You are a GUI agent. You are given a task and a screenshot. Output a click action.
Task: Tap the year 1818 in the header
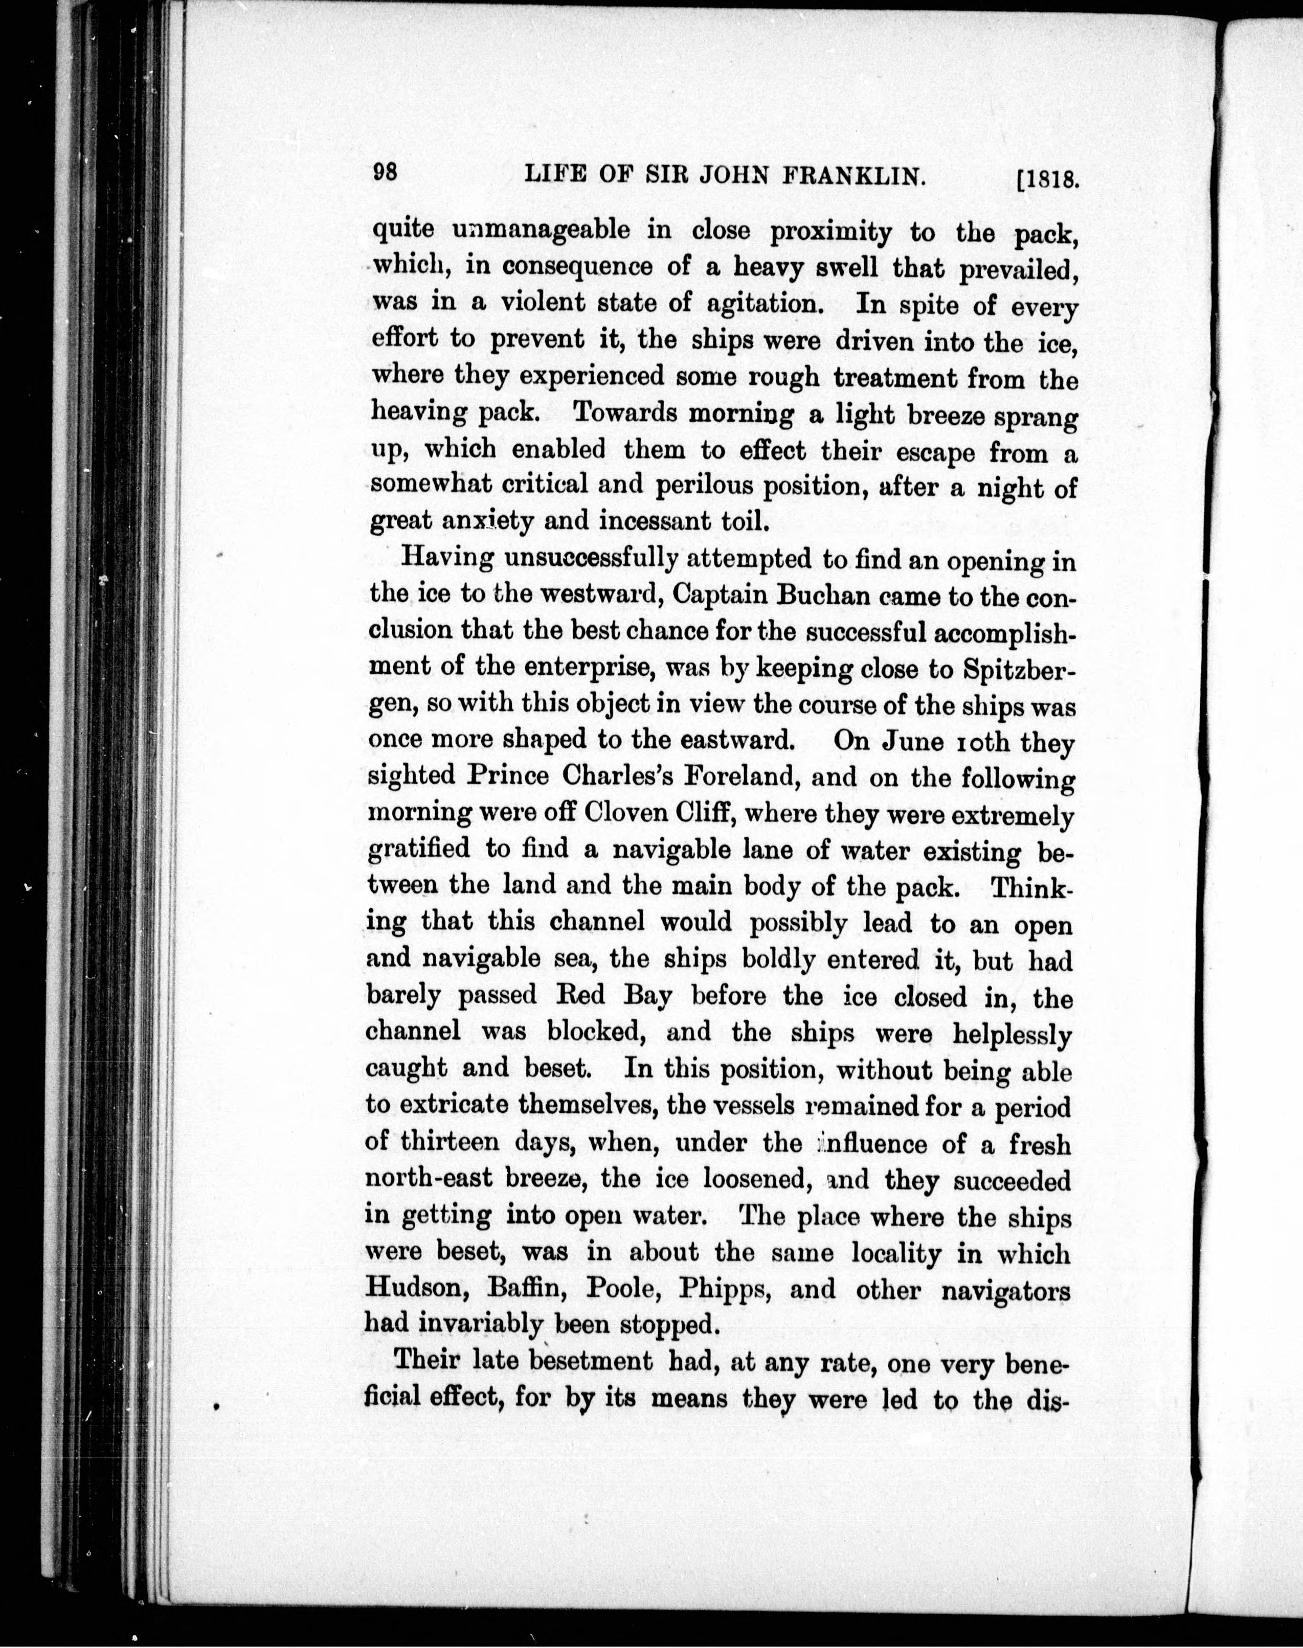(x=1049, y=180)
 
